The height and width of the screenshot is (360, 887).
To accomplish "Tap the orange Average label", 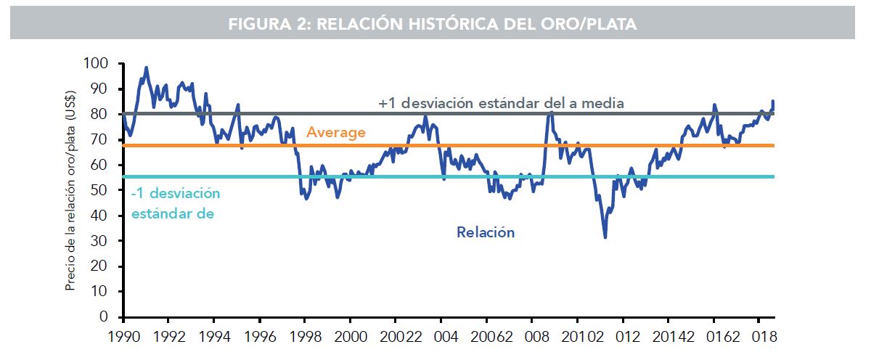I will (x=335, y=133).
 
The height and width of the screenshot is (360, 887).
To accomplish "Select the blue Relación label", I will (x=486, y=233).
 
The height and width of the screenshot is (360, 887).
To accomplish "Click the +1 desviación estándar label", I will (x=501, y=104).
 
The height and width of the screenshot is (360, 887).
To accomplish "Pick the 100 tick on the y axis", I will (x=96, y=64).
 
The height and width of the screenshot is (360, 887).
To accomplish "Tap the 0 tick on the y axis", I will (x=104, y=317).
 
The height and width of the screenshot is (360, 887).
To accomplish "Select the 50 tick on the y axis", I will (x=99, y=190).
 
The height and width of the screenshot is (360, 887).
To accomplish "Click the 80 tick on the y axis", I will (x=99, y=115).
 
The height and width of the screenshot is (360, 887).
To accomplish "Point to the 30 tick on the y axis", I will (x=99, y=241).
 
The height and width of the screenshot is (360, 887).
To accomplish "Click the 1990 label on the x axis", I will (x=123, y=337).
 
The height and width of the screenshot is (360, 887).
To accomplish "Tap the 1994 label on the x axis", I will (x=213, y=337).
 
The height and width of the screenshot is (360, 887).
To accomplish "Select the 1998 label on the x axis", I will (x=304, y=337).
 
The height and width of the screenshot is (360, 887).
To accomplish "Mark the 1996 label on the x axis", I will (x=258, y=337).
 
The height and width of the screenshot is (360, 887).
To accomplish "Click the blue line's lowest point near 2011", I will (x=605, y=237).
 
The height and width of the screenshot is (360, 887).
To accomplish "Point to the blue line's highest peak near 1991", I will (x=147, y=67).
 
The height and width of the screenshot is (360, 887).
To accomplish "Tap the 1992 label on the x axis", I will (x=168, y=337).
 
